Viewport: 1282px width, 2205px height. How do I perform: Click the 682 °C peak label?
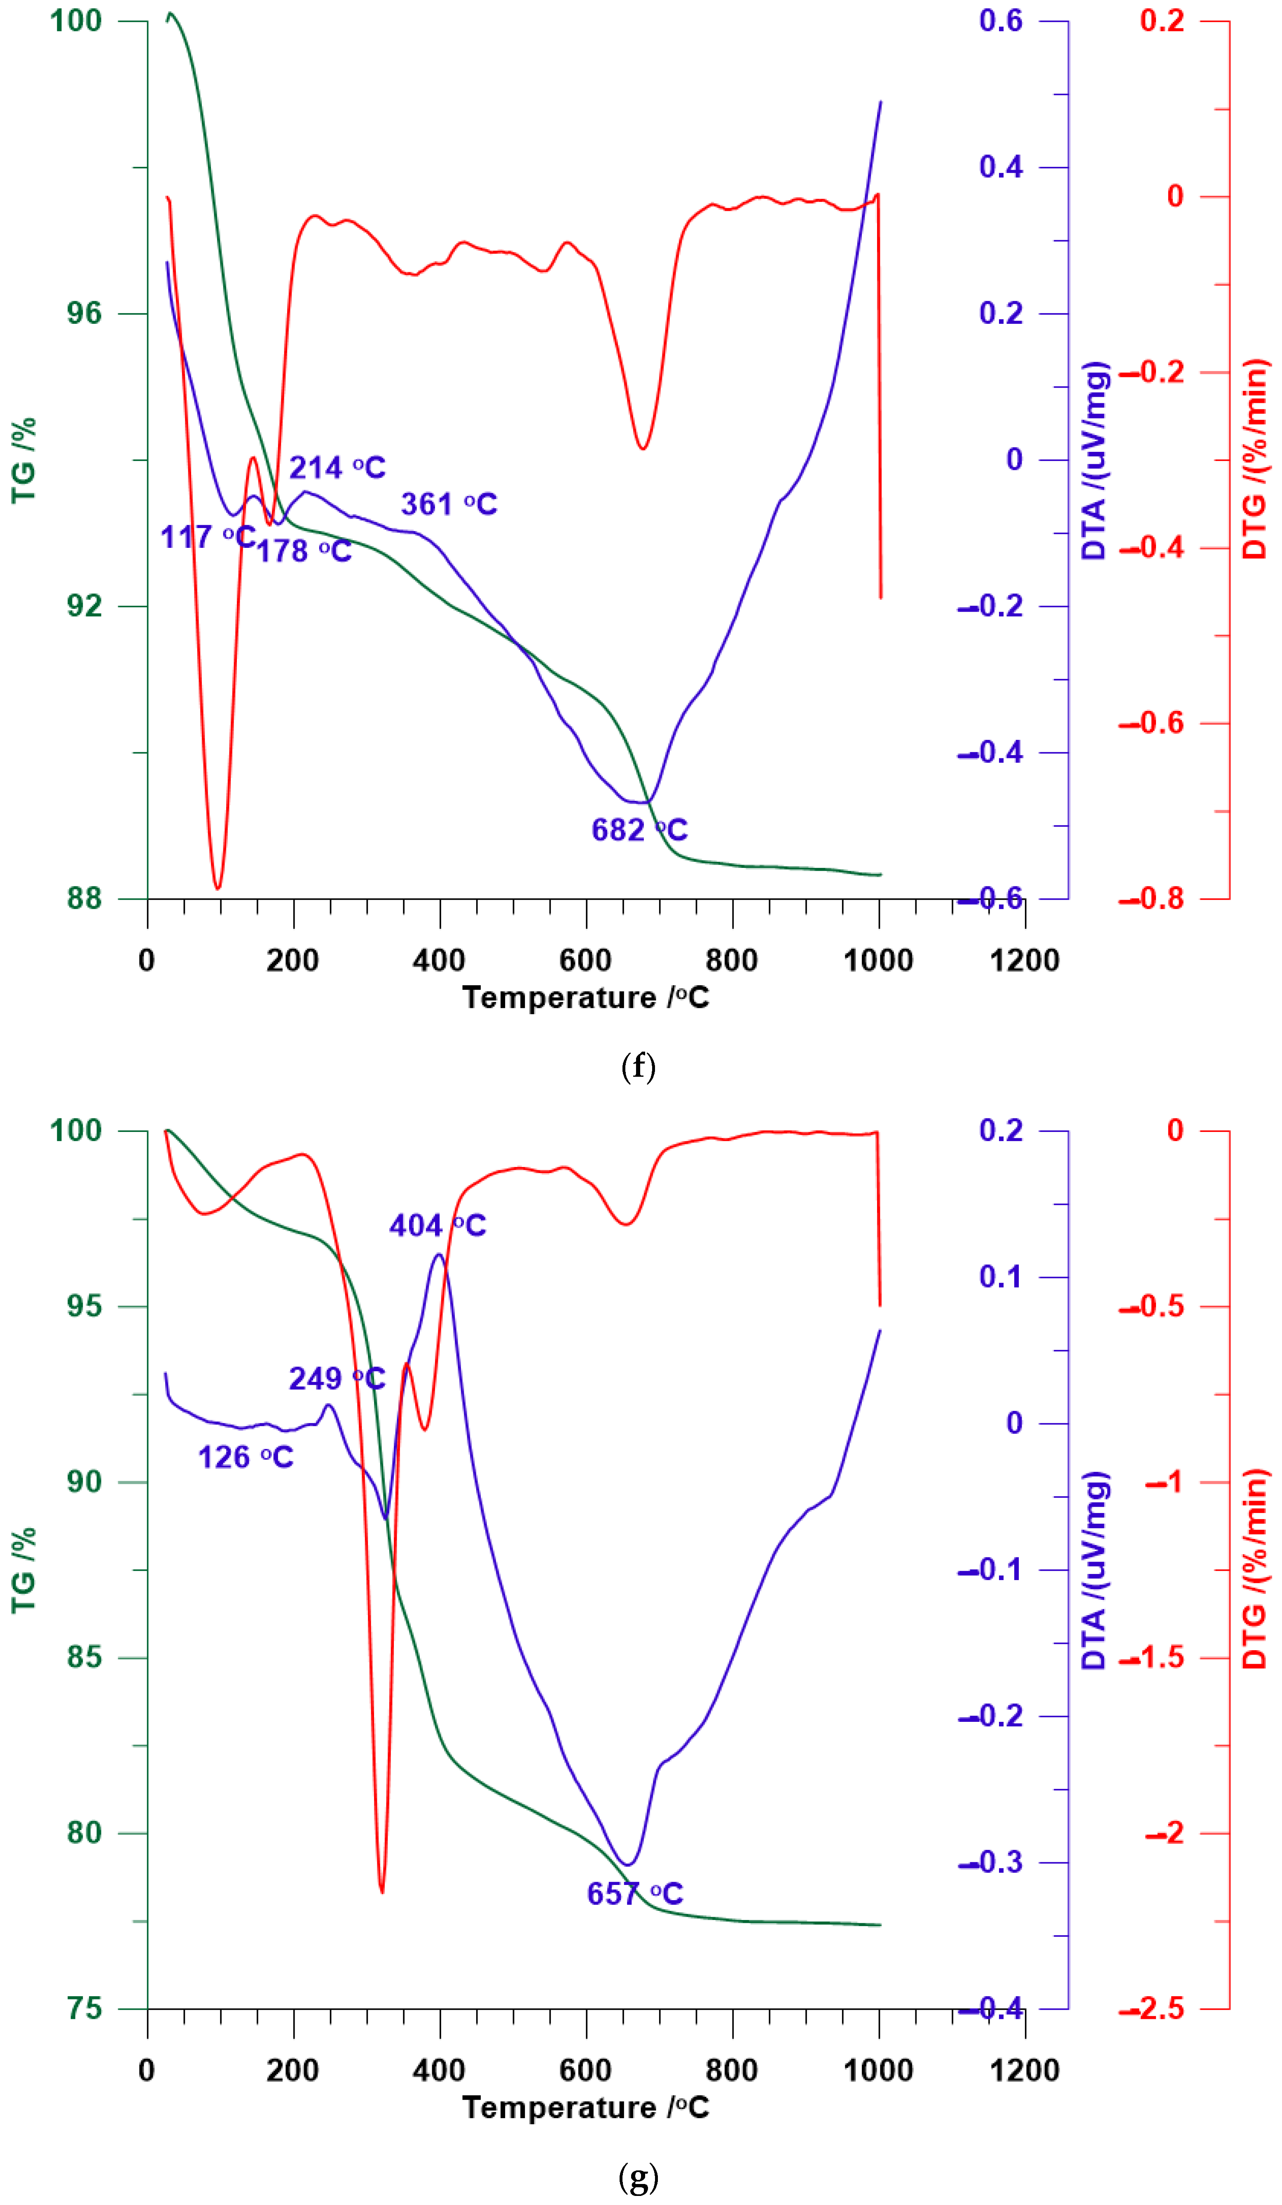coord(639,830)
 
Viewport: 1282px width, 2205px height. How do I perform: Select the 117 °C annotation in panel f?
coord(207,536)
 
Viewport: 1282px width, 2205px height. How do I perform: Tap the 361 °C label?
coord(449,504)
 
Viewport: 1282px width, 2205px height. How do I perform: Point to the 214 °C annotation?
coord(337,468)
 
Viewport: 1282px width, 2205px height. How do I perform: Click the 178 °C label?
coord(304,551)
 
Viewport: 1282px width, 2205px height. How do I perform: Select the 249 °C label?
coord(337,1379)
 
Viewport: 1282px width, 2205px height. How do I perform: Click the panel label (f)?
coord(638,1066)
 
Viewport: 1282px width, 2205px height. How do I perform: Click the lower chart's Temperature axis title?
coord(585,2108)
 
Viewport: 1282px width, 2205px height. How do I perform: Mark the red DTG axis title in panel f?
coord(1255,459)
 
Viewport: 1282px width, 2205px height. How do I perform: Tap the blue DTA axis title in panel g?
coord(1095,1570)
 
